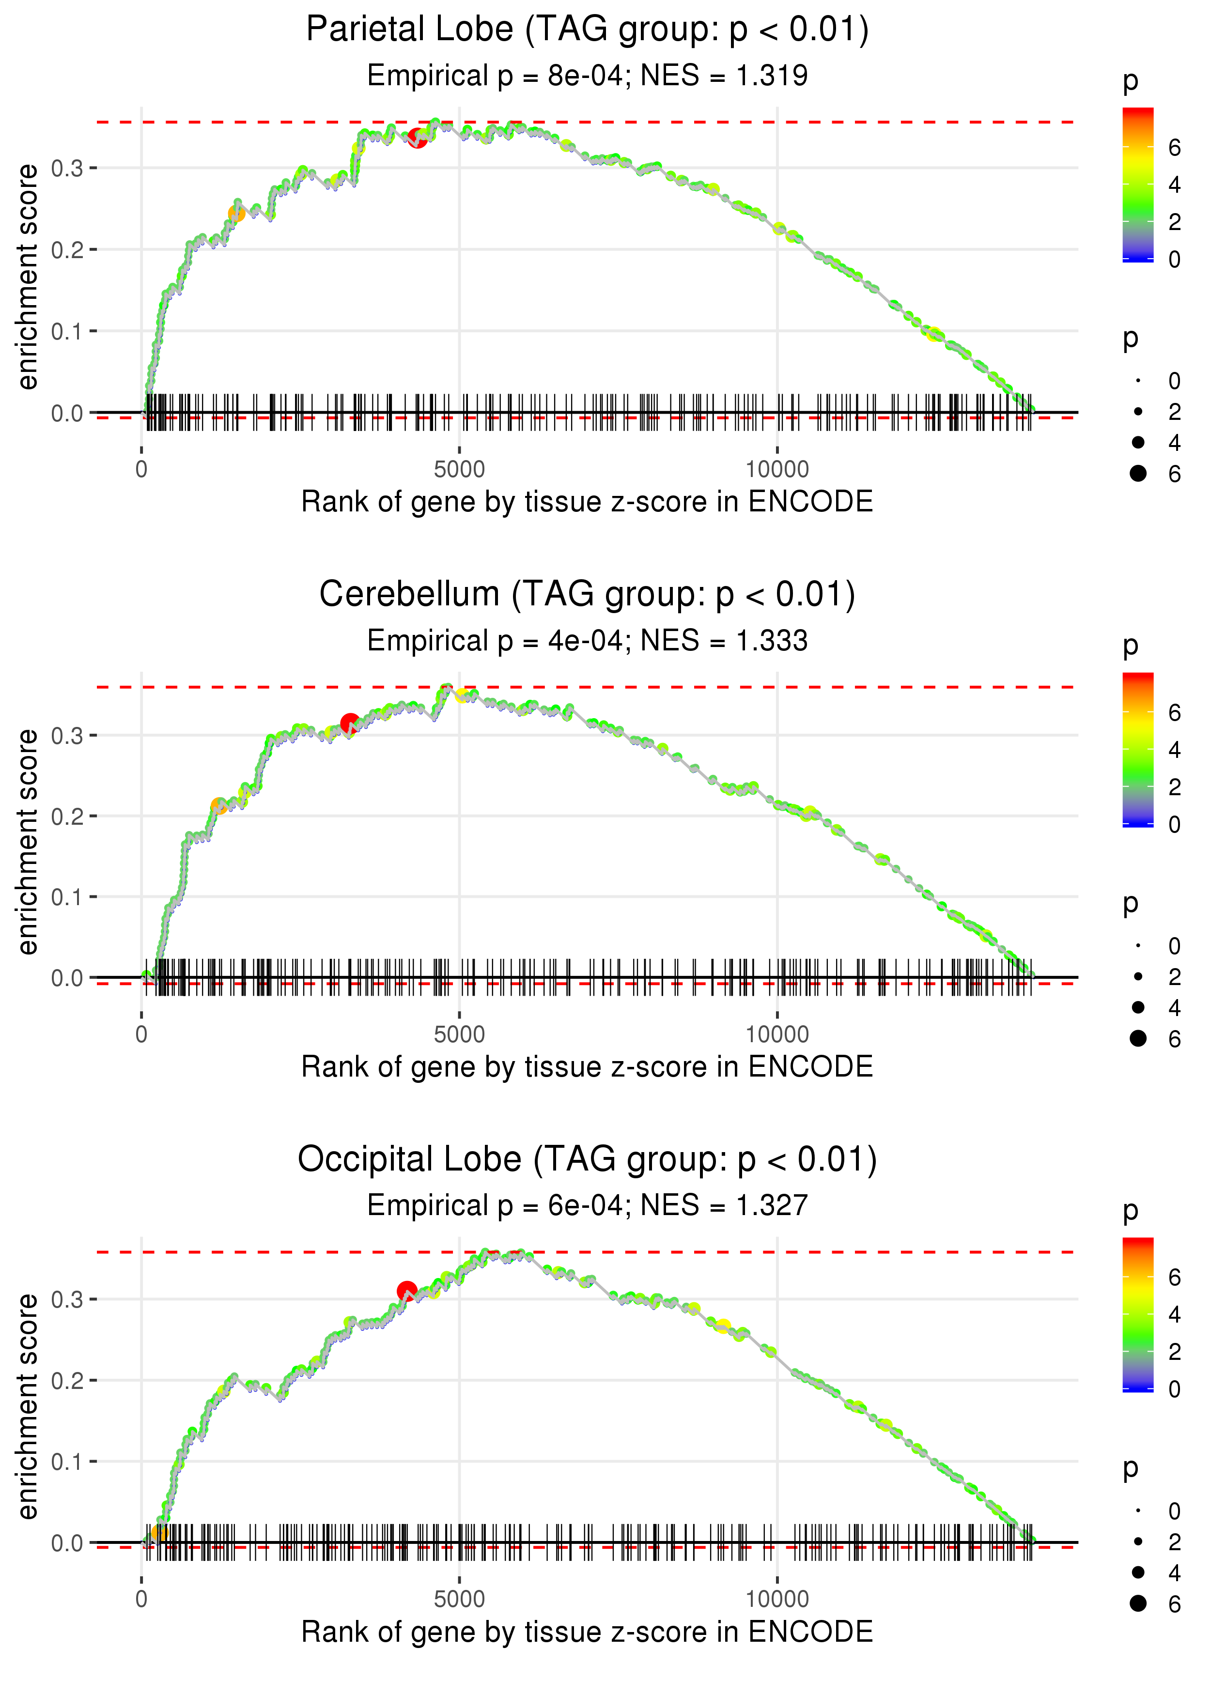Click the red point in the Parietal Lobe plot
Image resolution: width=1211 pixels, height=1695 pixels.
click(x=417, y=139)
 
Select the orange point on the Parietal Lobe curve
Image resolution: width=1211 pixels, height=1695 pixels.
click(x=236, y=214)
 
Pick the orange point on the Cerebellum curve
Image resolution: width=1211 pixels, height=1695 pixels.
click(x=218, y=806)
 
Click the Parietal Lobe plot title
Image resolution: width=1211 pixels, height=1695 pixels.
click(x=587, y=30)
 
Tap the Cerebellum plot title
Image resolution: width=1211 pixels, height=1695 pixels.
click(x=587, y=595)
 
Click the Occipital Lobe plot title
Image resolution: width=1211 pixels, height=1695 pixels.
click(x=587, y=1160)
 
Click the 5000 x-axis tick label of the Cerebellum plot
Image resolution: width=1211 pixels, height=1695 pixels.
click(x=459, y=1034)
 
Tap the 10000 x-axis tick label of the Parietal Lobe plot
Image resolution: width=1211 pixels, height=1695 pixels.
click(x=777, y=470)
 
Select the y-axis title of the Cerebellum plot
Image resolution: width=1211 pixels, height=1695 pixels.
click(x=28, y=842)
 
